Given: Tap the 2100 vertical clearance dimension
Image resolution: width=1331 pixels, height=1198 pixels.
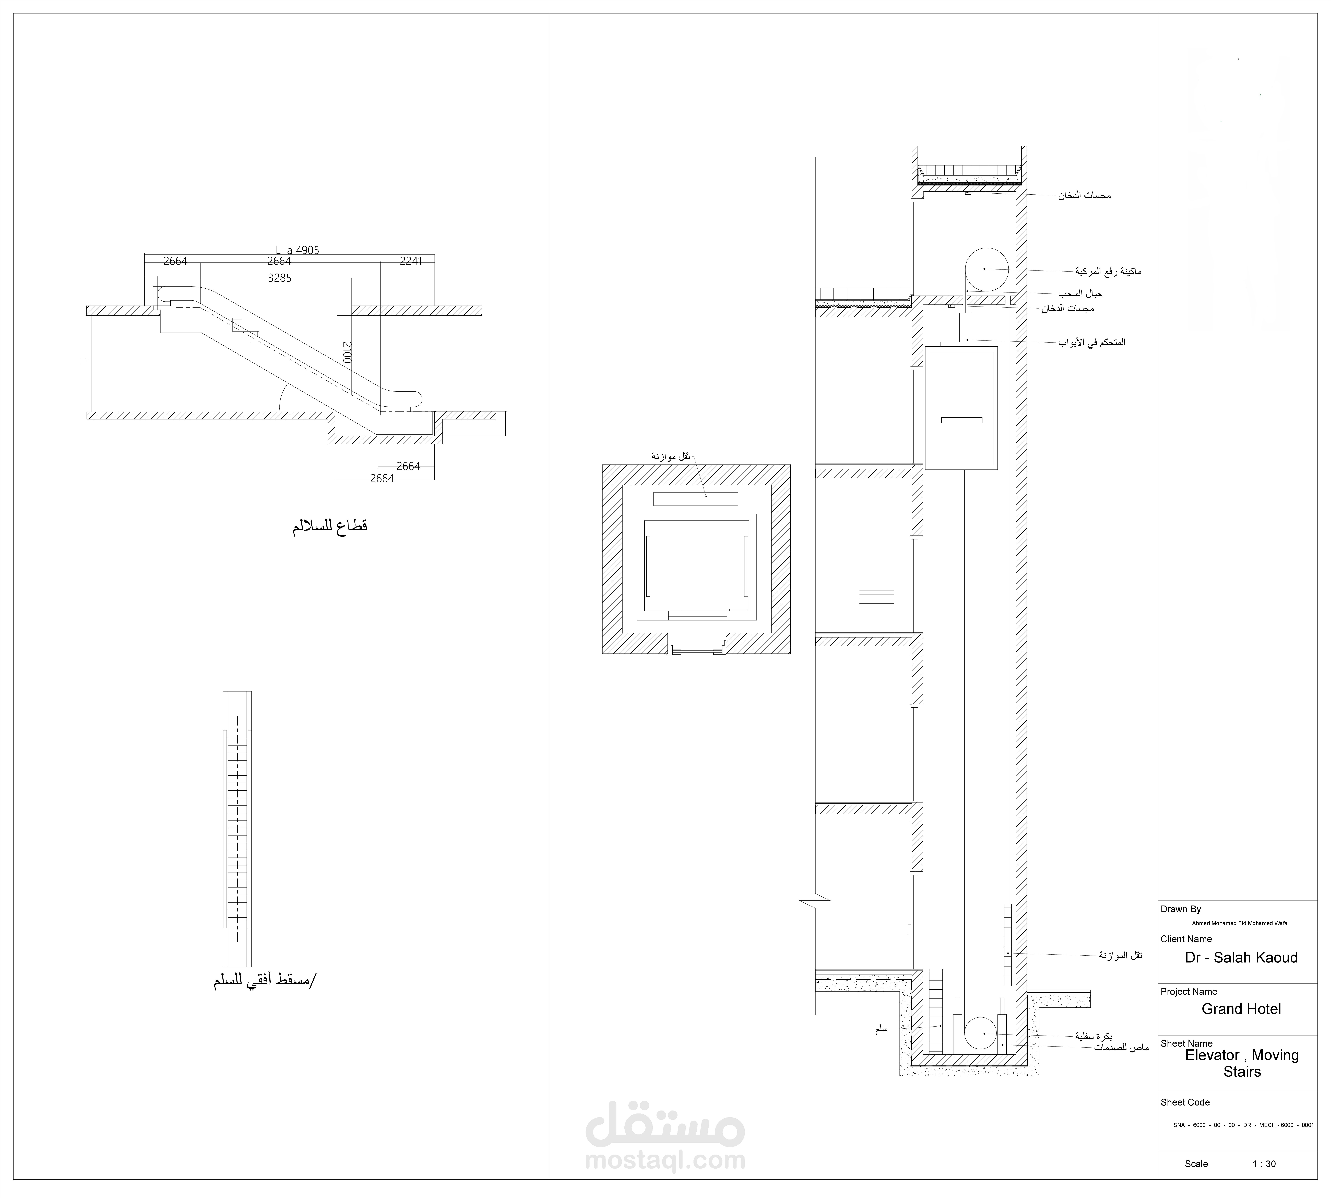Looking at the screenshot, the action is pos(347,352).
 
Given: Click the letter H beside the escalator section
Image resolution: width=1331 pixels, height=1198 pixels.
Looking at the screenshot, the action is pos(85,361).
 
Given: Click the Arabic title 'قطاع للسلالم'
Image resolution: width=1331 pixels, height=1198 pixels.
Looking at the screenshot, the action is pos(330,526).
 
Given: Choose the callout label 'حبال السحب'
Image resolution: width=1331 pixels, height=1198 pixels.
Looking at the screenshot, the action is pos(1080,293).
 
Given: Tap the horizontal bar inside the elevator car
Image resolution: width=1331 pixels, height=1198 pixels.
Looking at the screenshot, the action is pos(962,420).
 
